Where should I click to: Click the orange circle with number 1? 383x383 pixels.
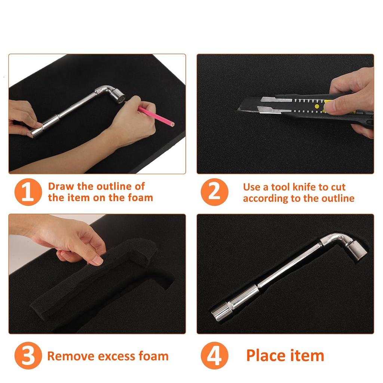pos(28,192)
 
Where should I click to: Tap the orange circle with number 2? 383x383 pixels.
pos(214,192)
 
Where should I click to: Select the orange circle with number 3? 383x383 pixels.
pos(28,356)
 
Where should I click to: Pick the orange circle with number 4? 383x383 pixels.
pos(214,356)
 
